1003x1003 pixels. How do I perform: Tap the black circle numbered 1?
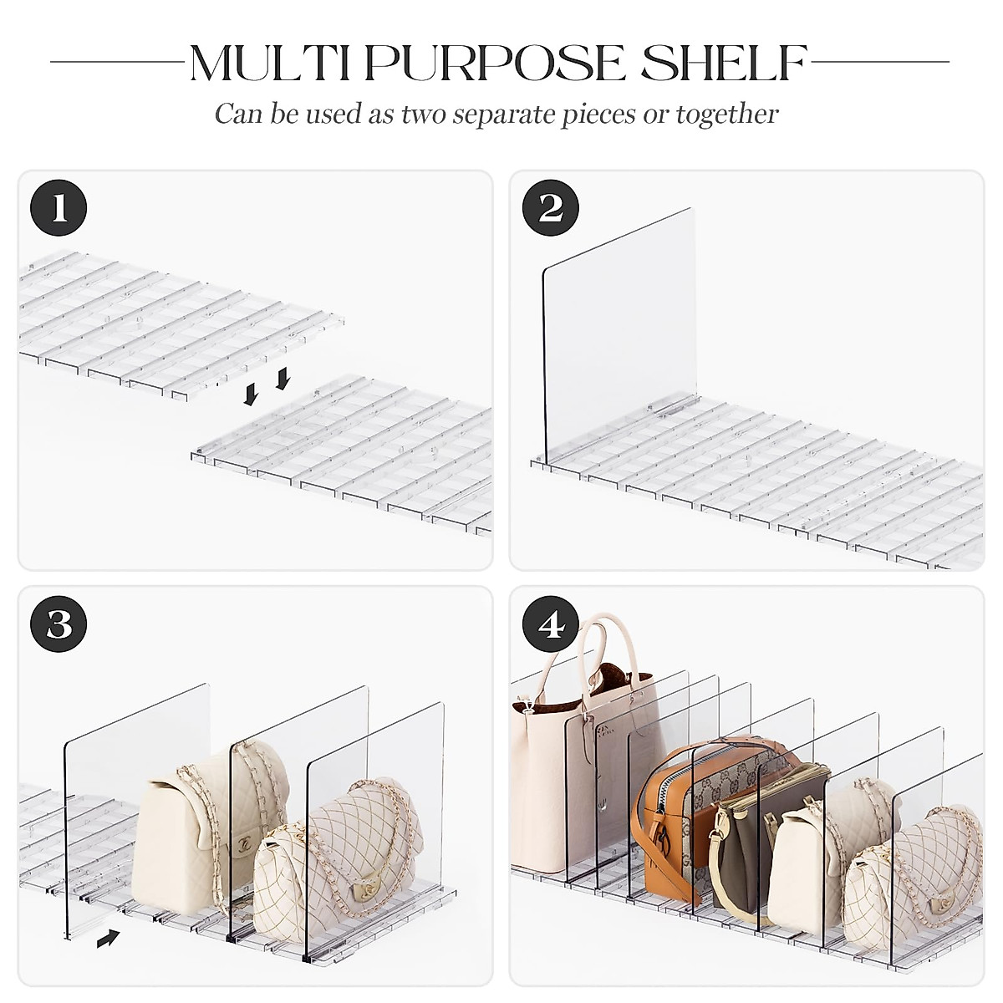pyautogui.click(x=59, y=207)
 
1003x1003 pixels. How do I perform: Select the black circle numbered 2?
pyautogui.click(x=551, y=207)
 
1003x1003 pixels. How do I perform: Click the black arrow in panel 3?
pyautogui.click(x=108, y=939)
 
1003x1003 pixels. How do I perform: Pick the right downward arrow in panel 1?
pyautogui.click(x=282, y=379)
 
